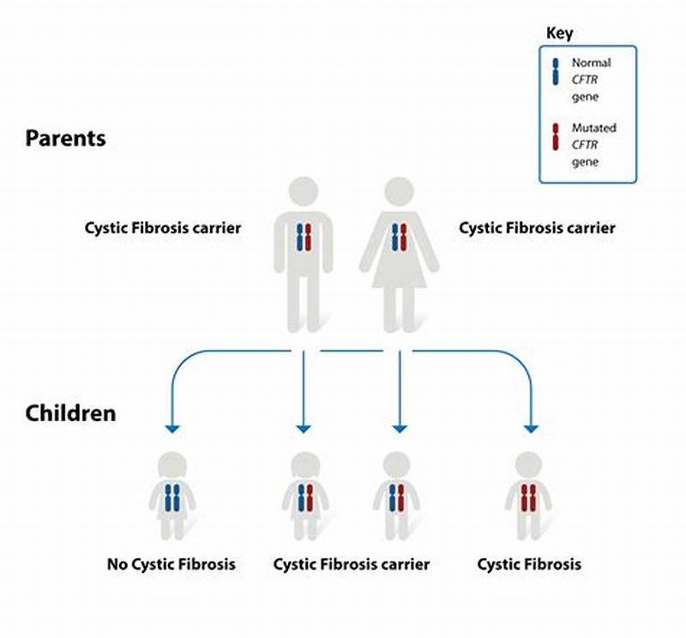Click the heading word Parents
[x=65, y=138]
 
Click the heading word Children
[x=70, y=413]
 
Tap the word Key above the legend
[x=559, y=33]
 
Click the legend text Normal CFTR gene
[x=592, y=80]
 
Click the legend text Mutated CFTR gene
[x=593, y=145]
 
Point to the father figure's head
[x=303, y=192]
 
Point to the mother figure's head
[x=399, y=193]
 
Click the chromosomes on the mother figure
[x=399, y=237]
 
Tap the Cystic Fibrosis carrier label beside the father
[x=163, y=229]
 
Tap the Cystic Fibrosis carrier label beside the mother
[x=537, y=229]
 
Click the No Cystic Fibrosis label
[x=171, y=564]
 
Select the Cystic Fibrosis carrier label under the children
[x=352, y=564]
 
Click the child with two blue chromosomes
[x=173, y=498]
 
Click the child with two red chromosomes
[x=529, y=498]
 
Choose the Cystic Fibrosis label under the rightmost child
[x=529, y=564]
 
